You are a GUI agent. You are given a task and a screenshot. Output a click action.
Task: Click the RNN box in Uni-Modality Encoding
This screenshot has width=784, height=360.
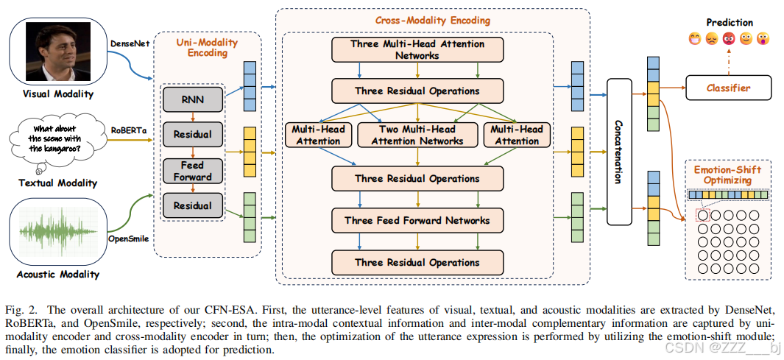pos(192,99)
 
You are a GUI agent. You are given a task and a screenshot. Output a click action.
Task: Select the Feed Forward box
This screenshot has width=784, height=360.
pos(192,171)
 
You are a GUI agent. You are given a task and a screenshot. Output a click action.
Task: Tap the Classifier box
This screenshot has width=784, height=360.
pos(728,88)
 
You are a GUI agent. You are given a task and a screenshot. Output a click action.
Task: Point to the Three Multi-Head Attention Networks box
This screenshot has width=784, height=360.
pos(417,49)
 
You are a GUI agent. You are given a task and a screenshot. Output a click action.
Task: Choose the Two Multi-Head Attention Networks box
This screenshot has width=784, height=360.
pos(417,135)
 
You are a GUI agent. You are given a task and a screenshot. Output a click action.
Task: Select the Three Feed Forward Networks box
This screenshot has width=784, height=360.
pos(417,220)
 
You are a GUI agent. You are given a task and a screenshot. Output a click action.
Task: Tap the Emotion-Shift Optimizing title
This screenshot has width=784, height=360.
pos(728,175)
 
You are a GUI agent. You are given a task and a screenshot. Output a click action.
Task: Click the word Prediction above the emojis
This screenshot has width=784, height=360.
pos(730,23)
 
